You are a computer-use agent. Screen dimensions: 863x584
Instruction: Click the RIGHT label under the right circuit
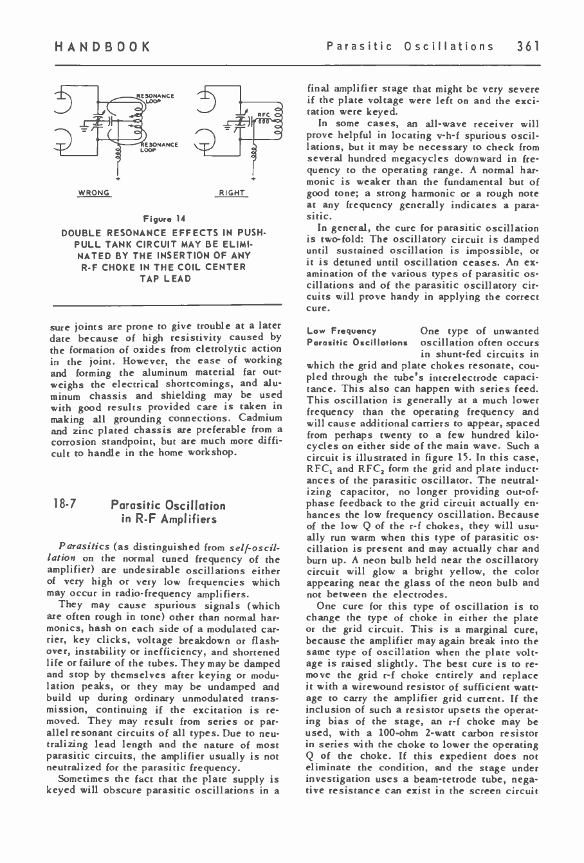230,192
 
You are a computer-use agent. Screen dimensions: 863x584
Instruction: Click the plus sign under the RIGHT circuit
255,178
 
